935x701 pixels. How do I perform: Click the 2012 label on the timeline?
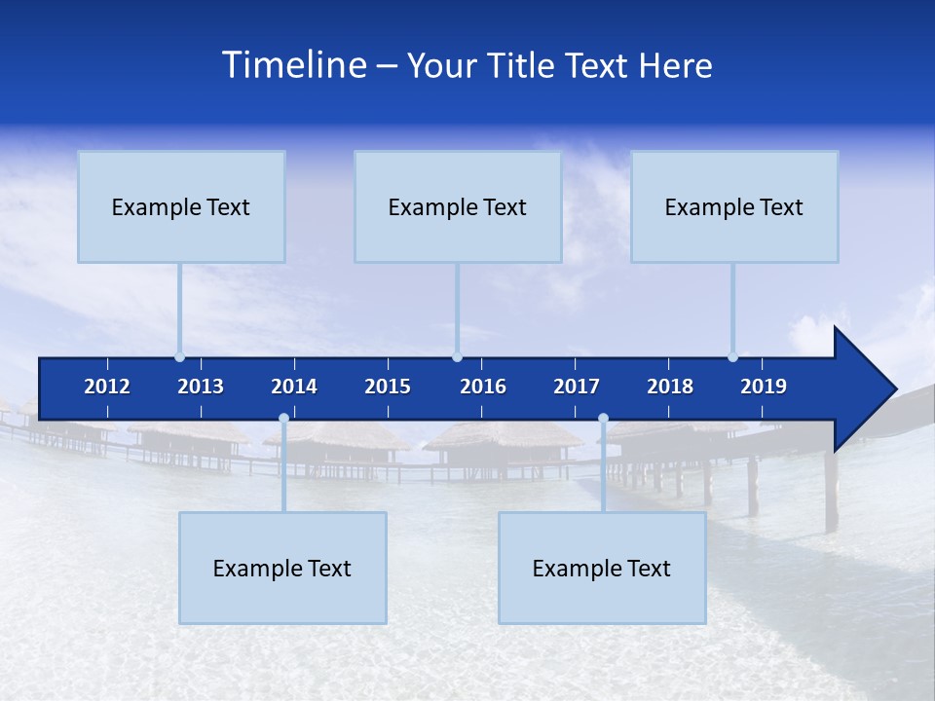[107, 387]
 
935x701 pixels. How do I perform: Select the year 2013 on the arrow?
[201, 387]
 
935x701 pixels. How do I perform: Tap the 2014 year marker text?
[294, 387]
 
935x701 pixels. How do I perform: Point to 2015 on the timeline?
[388, 387]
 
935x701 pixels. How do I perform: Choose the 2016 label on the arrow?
[483, 387]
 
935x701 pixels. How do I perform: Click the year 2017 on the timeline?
[577, 387]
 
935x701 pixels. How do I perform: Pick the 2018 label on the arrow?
[670, 387]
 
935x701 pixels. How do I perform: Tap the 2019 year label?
[764, 387]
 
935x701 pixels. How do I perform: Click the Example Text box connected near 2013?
[181, 206]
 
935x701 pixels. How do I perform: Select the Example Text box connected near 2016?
[458, 206]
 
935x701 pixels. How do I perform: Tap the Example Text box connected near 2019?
[734, 206]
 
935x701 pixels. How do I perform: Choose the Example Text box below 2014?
[282, 568]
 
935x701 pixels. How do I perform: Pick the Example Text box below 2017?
[602, 568]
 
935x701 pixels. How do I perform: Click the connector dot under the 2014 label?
[283, 419]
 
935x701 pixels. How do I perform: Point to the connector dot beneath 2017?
[603, 419]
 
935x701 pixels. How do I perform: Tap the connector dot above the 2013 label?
[179, 356]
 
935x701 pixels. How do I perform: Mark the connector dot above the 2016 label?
[457, 356]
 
